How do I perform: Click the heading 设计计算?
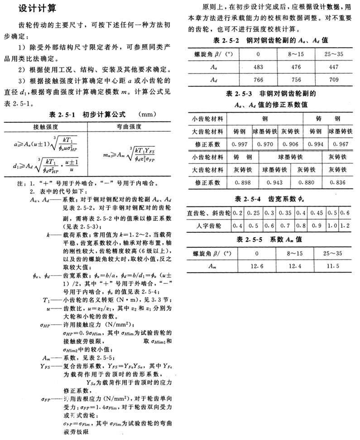click(38, 9)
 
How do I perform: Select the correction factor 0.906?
click(288, 144)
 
